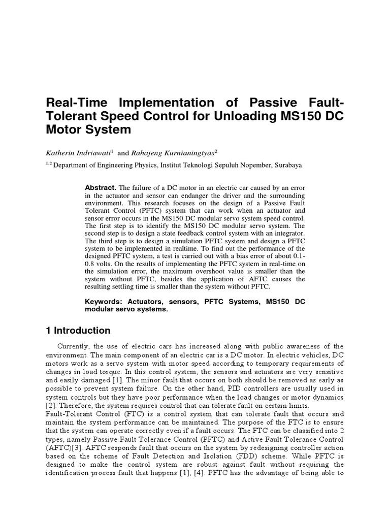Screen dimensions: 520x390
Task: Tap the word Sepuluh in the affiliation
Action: tap(227, 165)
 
